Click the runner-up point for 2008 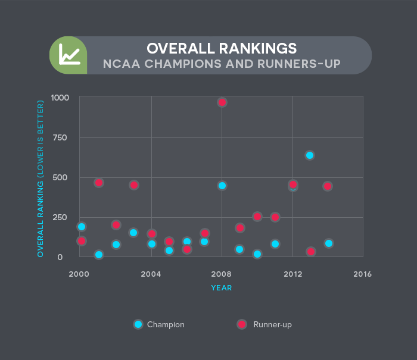[222, 102]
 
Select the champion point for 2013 [310, 155]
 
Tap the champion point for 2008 [222, 186]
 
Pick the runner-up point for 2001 [99, 183]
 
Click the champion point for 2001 [99, 255]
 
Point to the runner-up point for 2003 [134, 185]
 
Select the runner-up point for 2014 [328, 186]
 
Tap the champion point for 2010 [257, 254]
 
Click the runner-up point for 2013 [310, 252]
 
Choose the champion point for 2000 [82, 227]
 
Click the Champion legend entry [159, 324]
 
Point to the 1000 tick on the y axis [60, 98]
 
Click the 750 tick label [60, 137]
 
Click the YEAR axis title [221, 288]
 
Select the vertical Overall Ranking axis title [41, 179]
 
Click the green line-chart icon [69, 55]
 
